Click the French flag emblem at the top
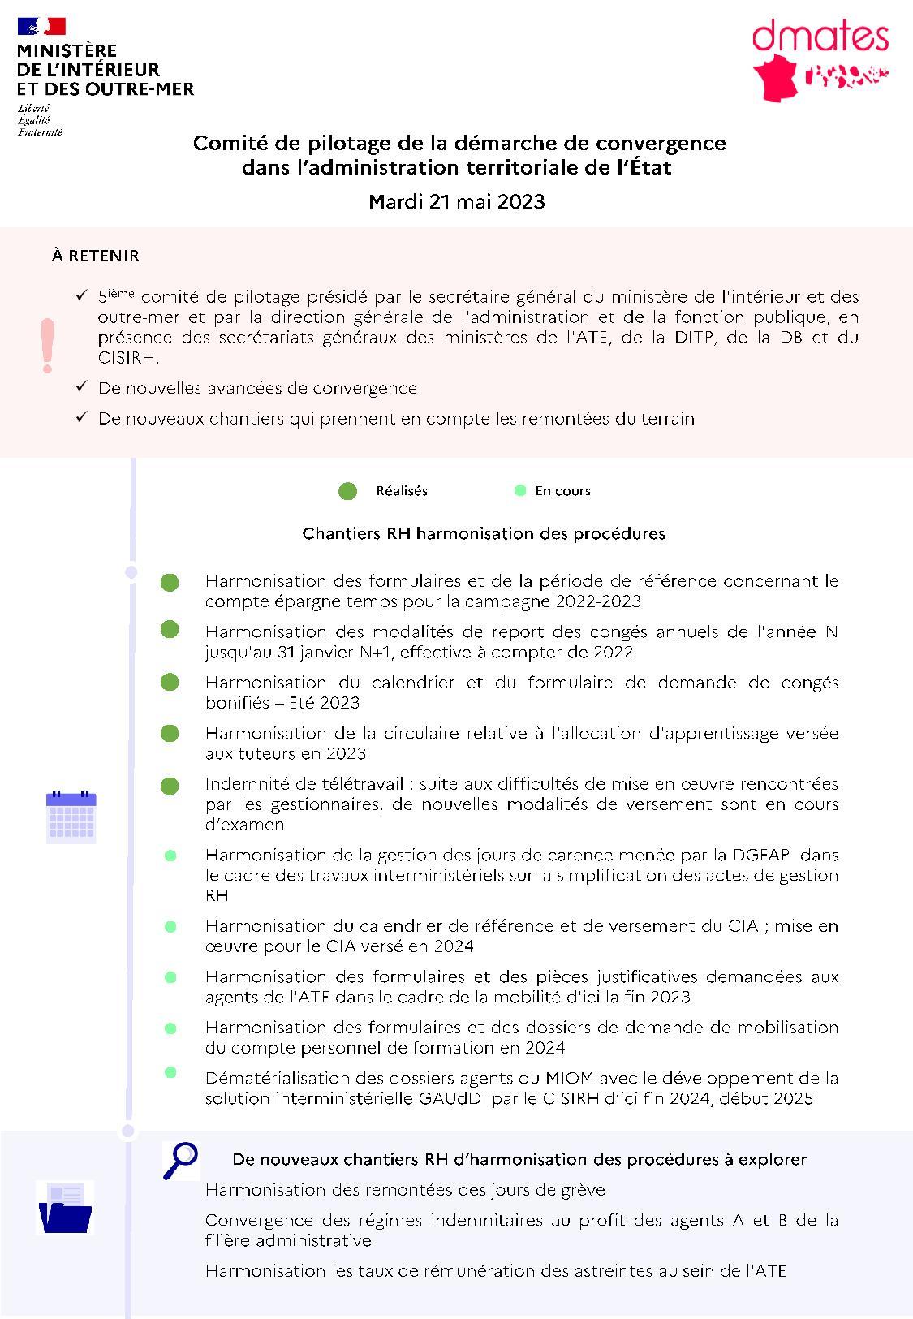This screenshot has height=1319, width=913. (x=41, y=28)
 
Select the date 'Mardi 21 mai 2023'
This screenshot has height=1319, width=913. (x=456, y=201)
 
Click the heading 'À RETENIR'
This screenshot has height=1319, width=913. (x=95, y=256)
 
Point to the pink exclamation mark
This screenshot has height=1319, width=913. (x=48, y=346)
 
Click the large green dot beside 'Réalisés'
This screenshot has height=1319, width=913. (x=347, y=491)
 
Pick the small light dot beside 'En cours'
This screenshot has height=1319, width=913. (x=520, y=490)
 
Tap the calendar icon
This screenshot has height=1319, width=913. (x=71, y=817)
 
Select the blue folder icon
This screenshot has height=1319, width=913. (x=66, y=1209)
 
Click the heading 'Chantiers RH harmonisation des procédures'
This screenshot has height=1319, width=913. (x=484, y=534)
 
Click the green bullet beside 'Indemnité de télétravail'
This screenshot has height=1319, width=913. (x=170, y=786)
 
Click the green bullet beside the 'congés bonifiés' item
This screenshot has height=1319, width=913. (x=170, y=683)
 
